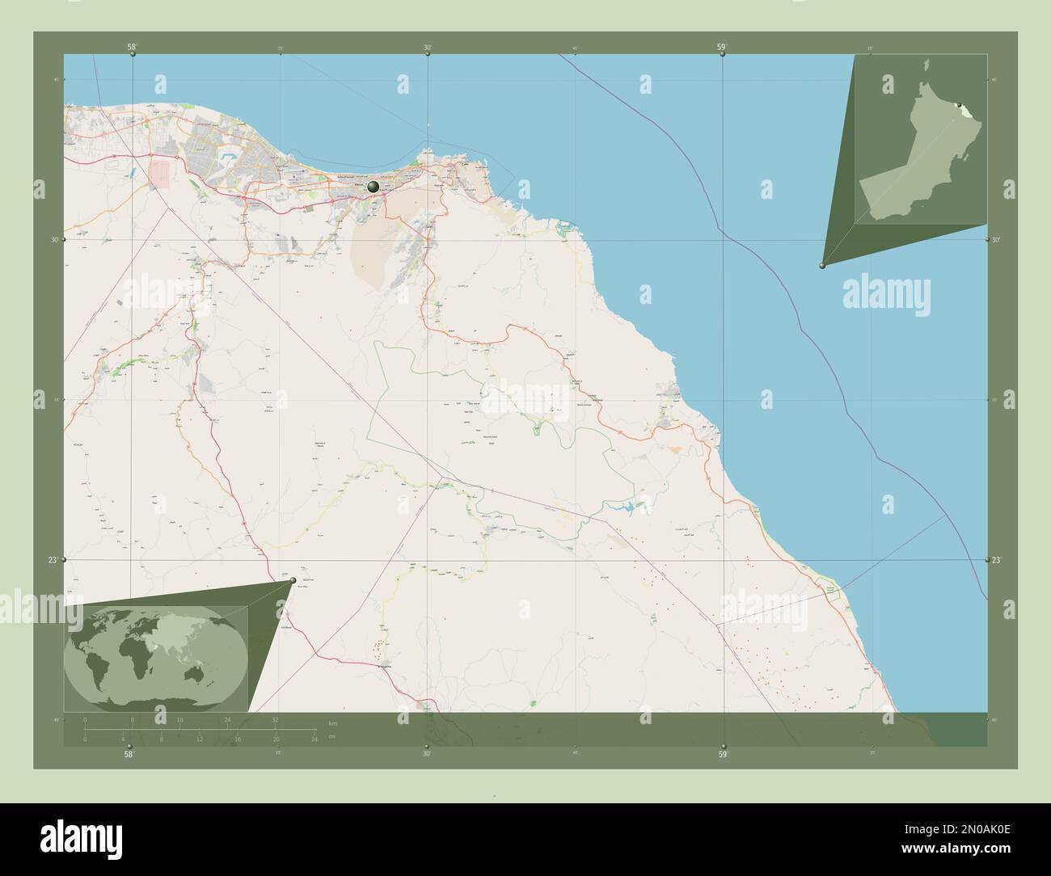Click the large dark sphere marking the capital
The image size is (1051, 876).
point(373,187)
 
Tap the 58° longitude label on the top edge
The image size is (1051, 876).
point(132,48)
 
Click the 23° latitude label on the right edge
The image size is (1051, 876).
point(996,559)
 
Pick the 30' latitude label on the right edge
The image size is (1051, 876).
point(996,240)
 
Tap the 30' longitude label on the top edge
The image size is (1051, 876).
point(427,48)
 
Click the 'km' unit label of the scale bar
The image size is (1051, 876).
point(332,722)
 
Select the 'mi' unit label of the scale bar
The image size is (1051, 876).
point(331,737)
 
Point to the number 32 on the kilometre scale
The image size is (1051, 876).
point(276,719)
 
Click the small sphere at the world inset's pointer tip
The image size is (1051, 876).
point(293,579)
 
